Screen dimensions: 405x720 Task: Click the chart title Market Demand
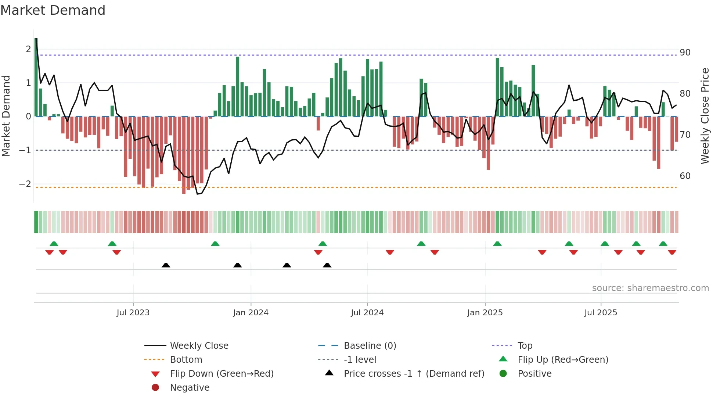[x=53, y=10]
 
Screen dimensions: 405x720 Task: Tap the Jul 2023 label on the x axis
[x=133, y=313]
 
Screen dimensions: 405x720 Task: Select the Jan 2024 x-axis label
[x=251, y=313]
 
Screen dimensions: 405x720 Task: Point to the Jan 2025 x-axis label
[x=485, y=313]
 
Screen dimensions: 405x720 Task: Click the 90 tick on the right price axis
[x=685, y=53]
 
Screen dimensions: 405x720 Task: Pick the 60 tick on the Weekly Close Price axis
[x=685, y=176]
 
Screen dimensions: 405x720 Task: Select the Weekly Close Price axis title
[x=705, y=116]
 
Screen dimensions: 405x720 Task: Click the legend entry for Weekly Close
[x=199, y=346]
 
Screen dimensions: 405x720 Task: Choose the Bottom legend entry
[x=186, y=360]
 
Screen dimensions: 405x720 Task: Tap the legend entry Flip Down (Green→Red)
[x=222, y=374]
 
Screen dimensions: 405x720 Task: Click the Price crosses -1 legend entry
[x=414, y=374]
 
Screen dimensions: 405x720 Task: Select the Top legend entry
[x=525, y=346]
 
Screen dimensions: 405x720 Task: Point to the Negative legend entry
[x=190, y=388]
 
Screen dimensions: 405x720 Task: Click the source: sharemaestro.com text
[x=650, y=288]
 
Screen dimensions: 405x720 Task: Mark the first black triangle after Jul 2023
[x=166, y=265]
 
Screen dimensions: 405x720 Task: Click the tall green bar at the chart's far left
[x=36, y=77]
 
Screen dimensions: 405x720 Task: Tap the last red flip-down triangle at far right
[x=672, y=252]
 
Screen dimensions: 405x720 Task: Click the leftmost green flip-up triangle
[x=54, y=244]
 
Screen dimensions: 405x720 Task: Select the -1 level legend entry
[x=360, y=360]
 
